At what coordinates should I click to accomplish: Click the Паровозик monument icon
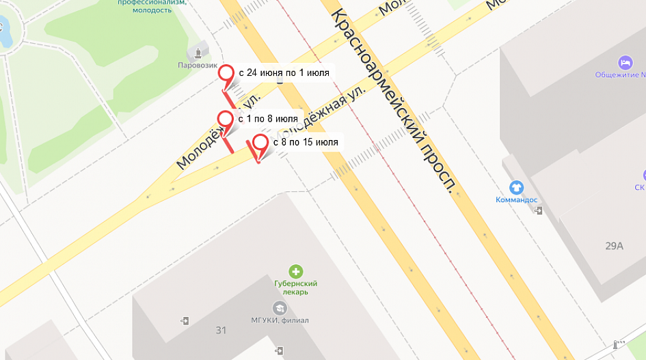(x=199, y=51)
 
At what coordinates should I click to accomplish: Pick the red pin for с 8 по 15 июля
(x=260, y=143)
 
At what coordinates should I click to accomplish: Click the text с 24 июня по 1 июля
(x=284, y=72)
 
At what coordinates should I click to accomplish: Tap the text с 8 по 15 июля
(x=305, y=142)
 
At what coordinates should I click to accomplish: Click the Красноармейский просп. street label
(x=394, y=102)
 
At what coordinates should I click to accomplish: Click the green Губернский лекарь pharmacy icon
(x=295, y=271)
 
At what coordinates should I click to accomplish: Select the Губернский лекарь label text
(x=295, y=288)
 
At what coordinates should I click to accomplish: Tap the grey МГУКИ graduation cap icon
(x=279, y=308)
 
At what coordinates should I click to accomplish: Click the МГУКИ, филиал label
(x=280, y=320)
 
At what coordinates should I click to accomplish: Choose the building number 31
(x=221, y=331)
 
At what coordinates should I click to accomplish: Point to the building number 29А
(x=615, y=246)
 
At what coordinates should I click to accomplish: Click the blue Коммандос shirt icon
(x=517, y=186)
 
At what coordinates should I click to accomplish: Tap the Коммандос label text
(x=517, y=199)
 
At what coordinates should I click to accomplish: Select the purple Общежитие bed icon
(x=625, y=62)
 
